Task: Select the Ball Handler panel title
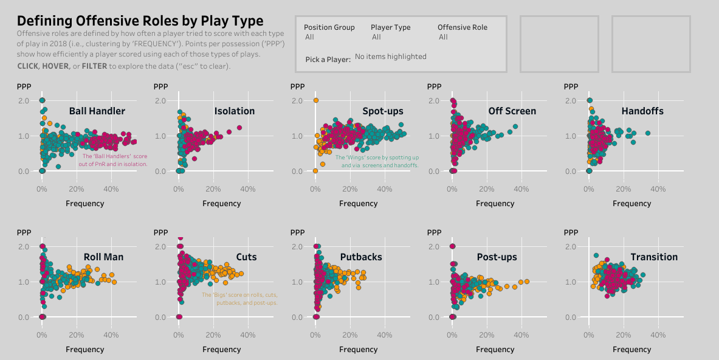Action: point(97,111)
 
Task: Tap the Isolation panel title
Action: point(234,111)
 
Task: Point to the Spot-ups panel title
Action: point(382,111)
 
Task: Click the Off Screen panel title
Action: point(512,111)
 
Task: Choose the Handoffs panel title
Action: point(642,111)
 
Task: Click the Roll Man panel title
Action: point(103,257)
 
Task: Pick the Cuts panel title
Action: point(246,257)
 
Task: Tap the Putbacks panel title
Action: point(361,257)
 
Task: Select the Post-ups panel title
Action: point(497,257)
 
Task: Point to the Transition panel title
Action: point(654,257)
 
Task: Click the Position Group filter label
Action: point(329,27)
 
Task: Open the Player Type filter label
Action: point(390,27)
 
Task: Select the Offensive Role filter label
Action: point(462,27)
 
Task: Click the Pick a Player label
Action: point(328,60)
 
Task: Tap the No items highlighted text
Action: point(390,57)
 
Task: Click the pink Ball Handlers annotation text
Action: point(114,160)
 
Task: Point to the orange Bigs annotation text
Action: point(239,299)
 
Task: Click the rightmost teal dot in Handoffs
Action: point(647,133)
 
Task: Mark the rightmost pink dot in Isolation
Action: point(239,128)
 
